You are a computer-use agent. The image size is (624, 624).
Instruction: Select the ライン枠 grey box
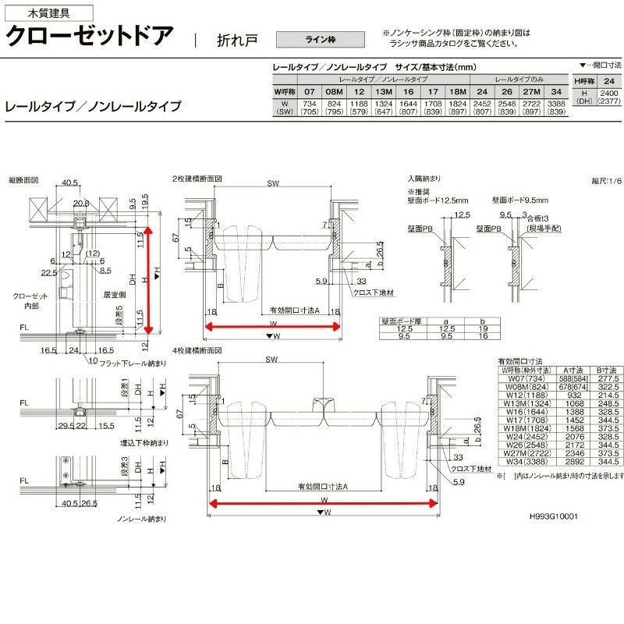pyautogui.click(x=321, y=37)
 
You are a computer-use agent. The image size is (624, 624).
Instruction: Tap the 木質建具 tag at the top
pyautogui.click(x=48, y=12)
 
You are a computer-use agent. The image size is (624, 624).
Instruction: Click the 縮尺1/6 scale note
pyautogui.click(x=606, y=181)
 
